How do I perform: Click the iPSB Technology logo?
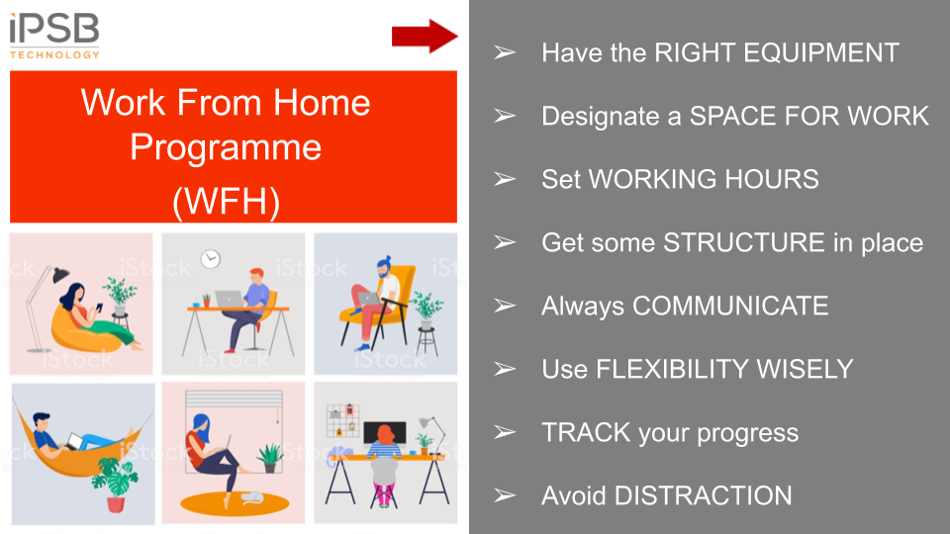[54, 37]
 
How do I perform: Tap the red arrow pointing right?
[425, 37]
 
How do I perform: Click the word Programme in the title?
[226, 148]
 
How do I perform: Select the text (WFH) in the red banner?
[226, 202]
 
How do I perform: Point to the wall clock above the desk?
[210, 259]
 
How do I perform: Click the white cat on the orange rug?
[252, 497]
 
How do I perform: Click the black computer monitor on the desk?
[385, 431]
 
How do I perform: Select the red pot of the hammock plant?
[116, 503]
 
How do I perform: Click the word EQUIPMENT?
[821, 52]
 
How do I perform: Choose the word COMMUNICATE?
[730, 306]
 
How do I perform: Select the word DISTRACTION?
[703, 495]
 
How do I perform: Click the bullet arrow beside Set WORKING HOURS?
[504, 179]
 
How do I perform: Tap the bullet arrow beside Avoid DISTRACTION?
[504, 495]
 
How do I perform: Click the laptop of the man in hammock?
[75, 441]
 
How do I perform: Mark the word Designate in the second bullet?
[601, 117]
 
